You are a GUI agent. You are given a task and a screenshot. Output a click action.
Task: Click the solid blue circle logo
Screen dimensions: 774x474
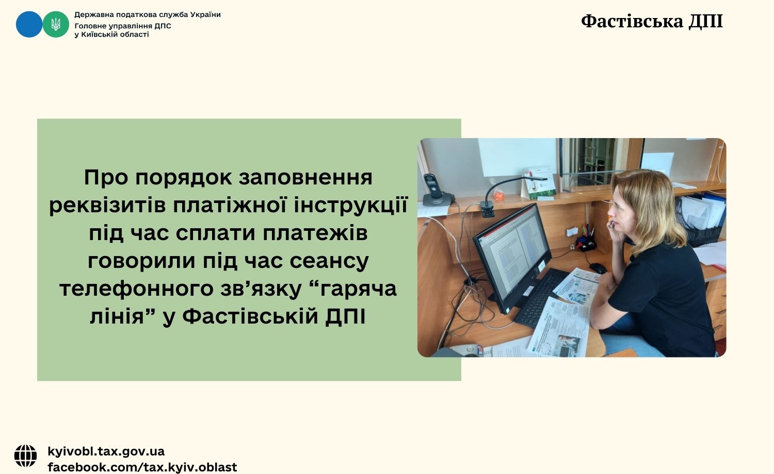click(29, 24)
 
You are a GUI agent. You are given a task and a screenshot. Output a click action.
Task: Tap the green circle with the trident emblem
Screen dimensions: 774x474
click(56, 24)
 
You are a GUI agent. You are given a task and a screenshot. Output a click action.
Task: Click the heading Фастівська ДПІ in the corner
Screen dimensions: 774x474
click(652, 22)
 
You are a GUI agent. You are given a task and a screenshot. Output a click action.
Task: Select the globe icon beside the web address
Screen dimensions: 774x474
click(26, 456)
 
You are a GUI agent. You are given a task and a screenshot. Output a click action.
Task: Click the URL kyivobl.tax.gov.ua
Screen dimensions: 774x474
click(106, 451)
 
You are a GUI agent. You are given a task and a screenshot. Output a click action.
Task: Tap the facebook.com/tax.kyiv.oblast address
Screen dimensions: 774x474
click(142, 467)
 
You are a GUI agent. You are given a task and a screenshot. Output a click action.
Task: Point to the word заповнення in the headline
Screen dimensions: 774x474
click(305, 177)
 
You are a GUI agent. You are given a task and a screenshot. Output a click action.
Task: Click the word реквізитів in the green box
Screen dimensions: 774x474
click(108, 205)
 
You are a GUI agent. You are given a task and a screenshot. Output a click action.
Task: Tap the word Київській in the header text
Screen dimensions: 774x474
click(101, 35)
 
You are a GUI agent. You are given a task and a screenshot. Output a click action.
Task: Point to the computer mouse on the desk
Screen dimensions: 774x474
click(598, 268)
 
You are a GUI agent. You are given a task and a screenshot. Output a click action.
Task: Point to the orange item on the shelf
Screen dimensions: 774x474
click(498, 195)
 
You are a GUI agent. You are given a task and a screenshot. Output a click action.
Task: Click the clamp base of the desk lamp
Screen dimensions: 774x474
click(489, 209)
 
